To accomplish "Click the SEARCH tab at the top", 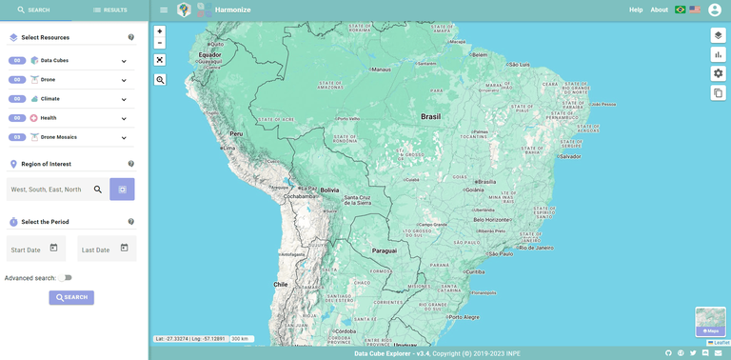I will (33, 10).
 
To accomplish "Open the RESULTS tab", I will (109, 10).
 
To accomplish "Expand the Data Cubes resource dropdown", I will (124, 61).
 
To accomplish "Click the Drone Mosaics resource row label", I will (59, 137).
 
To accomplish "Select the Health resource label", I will (49, 118).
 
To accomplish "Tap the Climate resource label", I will (49, 99).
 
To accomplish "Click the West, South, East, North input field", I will (48, 190).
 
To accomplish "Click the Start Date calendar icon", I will (54, 249).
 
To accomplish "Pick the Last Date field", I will (97, 250).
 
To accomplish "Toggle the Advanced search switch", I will (65, 278).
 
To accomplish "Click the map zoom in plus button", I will (160, 31).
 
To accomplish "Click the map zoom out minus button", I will (160, 43).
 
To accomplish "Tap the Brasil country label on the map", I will (431, 116).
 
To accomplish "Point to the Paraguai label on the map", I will (385, 250).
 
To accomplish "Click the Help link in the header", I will (636, 10).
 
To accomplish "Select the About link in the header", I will (659, 10).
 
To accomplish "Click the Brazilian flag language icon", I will (681, 10).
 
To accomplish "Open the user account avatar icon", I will (715, 10).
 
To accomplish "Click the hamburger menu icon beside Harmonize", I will (164, 10).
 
